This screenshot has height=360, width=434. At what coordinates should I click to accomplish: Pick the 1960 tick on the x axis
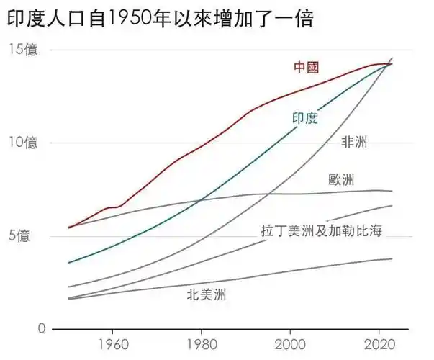[112, 343]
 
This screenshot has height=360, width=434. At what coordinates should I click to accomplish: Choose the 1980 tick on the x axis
[201, 343]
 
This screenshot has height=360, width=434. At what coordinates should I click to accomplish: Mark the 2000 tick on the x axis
[290, 343]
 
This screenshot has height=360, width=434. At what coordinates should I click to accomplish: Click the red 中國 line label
[306, 68]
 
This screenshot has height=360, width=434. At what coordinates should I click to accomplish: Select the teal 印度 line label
[304, 118]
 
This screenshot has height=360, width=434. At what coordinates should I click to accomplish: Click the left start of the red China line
[68, 228]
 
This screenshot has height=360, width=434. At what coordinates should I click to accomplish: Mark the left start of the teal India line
[68, 262]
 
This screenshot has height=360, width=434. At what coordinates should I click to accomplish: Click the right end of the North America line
[392, 258]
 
